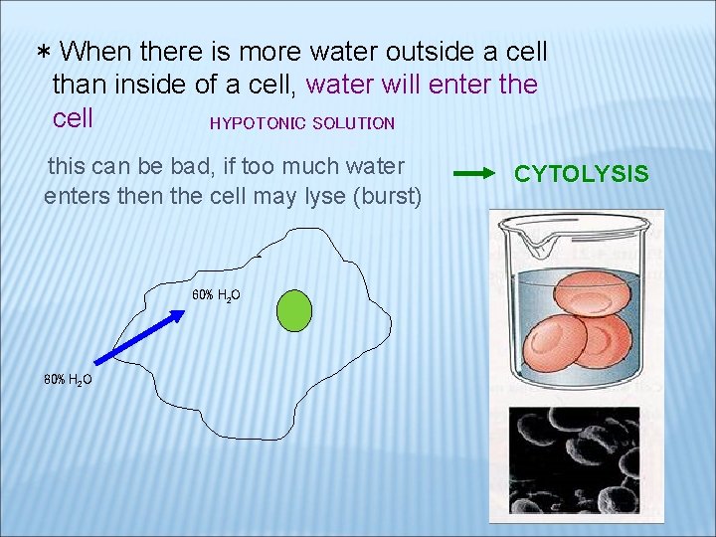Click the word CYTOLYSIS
[x=581, y=174]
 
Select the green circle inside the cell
[x=293, y=310]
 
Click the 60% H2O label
[x=215, y=294]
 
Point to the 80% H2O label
[x=68, y=379]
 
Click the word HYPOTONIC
[x=257, y=123]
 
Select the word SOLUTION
[x=353, y=123]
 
